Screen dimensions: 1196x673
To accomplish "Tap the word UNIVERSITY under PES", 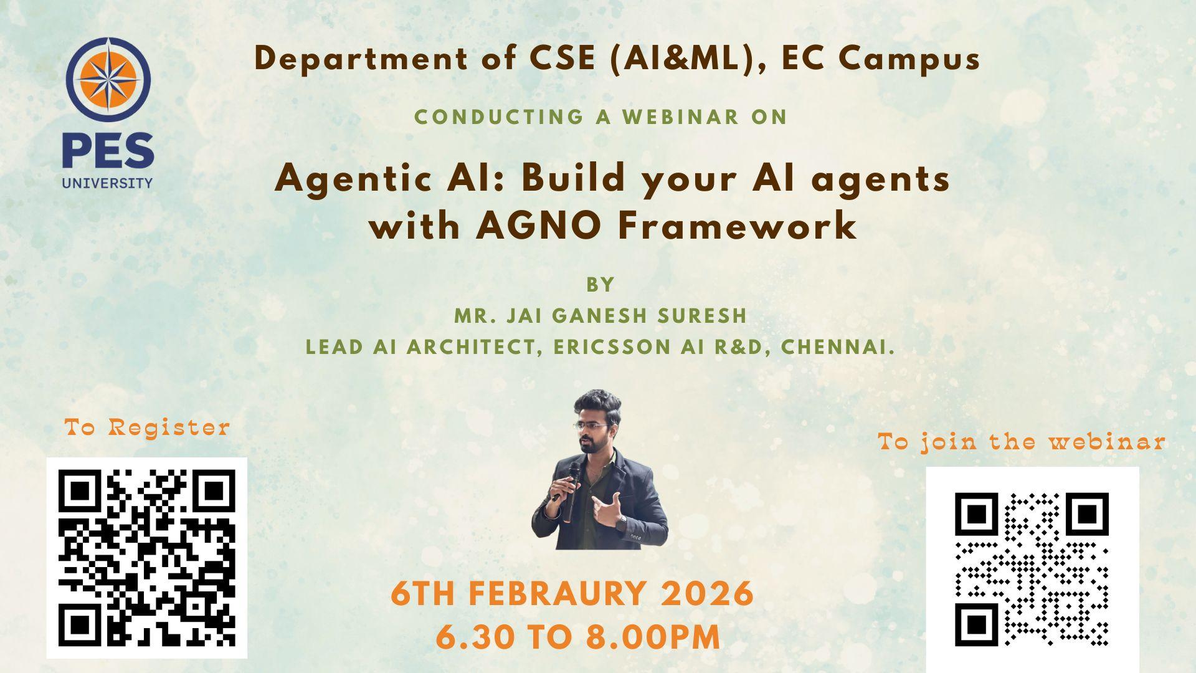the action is (107, 183).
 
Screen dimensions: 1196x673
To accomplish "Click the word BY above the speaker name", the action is (600, 285).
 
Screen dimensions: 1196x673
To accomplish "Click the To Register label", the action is (148, 428).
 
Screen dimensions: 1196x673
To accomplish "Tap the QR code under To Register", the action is (147, 558).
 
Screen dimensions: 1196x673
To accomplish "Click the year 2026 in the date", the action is (707, 593).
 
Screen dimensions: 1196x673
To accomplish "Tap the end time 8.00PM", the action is (653, 637).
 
